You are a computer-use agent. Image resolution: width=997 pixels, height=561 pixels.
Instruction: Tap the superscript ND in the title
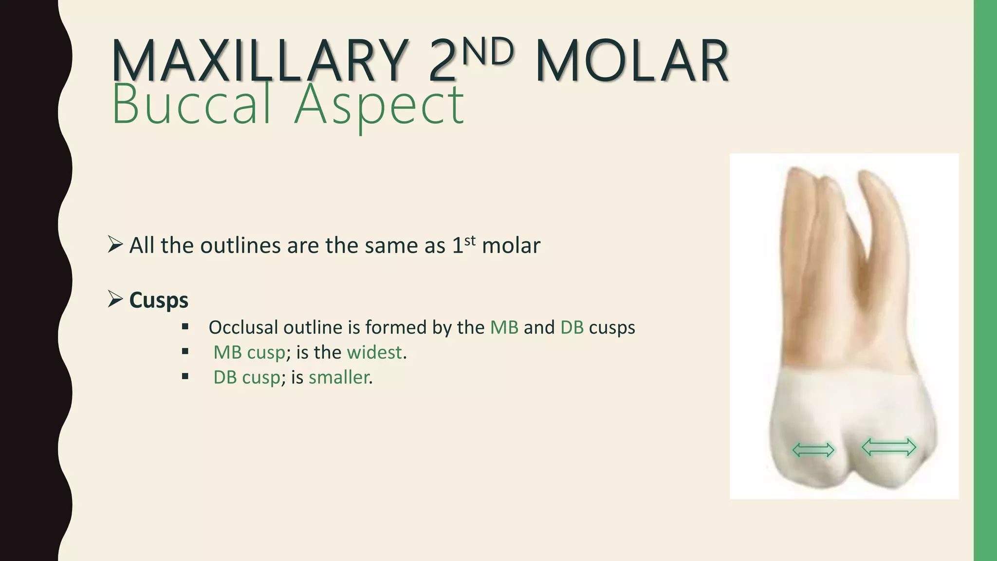[x=487, y=52]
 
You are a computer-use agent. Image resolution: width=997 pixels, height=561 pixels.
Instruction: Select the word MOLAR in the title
[x=632, y=62]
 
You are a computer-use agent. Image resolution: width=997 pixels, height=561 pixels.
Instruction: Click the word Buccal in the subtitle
[x=191, y=104]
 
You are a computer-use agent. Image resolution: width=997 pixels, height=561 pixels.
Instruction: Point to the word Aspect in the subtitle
[x=379, y=104]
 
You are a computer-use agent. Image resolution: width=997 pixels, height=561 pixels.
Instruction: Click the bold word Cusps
[x=159, y=300]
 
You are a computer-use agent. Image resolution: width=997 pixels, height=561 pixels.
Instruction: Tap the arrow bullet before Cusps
[x=115, y=299]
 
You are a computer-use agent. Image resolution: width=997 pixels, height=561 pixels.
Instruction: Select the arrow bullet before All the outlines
[x=115, y=244]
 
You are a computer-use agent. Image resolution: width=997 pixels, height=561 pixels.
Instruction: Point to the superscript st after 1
[x=469, y=240]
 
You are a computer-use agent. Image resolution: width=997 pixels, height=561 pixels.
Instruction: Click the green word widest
[x=374, y=352]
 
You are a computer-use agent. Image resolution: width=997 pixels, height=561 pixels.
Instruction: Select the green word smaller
[x=338, y=377]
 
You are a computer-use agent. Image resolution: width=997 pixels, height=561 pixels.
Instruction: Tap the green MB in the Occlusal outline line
[x=504, y=327]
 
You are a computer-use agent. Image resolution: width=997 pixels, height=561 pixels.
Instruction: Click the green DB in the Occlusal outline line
[x=572, y=327]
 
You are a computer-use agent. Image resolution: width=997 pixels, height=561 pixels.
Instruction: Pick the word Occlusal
[x=243, y=327]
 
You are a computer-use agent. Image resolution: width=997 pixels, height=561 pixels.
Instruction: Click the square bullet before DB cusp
[x=185, y=376]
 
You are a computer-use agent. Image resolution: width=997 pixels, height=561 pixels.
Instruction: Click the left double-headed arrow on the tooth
[x=813, y=450]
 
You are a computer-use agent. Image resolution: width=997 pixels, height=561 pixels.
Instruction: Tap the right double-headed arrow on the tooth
[x=889, y=447]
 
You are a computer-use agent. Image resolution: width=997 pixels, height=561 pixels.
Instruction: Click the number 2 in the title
[x=442, y=62]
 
